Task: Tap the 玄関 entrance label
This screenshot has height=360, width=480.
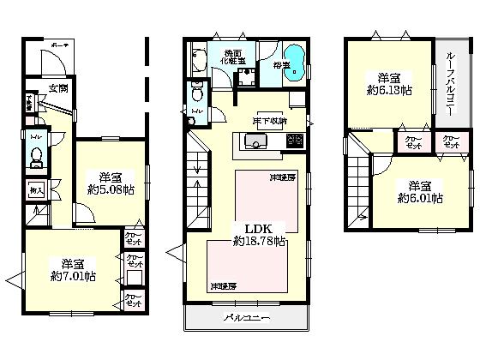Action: tap(57, 88)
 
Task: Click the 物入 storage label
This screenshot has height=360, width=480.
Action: tap(35, 189)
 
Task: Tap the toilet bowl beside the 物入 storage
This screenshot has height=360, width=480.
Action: tap(36, 156)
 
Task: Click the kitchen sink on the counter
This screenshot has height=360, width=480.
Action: tap(257, 141)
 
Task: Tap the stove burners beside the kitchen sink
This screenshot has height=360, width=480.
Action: tap(294, 141)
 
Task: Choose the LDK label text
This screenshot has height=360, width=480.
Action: tap(260, 228)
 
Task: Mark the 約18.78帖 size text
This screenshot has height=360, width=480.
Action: tap(260, 243)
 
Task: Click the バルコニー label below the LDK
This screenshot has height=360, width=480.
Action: tap(247, 318)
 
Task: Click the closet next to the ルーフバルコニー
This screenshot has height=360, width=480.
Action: tap(450, 142)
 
